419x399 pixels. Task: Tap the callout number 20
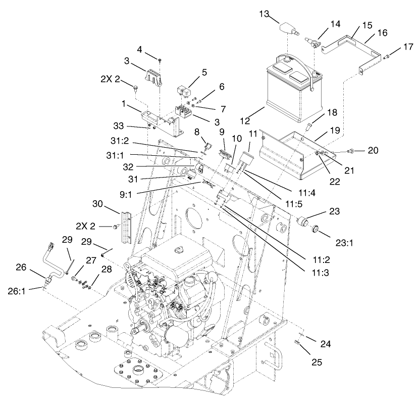[374, 150]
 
